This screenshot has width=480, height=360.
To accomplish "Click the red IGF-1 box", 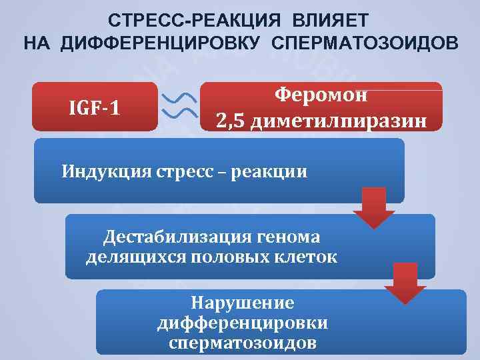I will click(95, 107).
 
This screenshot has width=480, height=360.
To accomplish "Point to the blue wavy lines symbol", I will click(179, 106).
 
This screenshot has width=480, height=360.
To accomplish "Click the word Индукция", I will click(108, 171).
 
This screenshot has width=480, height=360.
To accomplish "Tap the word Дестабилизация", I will click(175, 237).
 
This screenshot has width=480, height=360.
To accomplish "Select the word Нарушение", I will click(242, 303).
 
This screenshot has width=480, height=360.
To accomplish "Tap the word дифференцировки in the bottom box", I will click(242, 323).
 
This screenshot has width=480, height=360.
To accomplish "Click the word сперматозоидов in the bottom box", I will click(242, 343).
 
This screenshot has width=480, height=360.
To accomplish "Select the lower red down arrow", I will click(405, 283).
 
